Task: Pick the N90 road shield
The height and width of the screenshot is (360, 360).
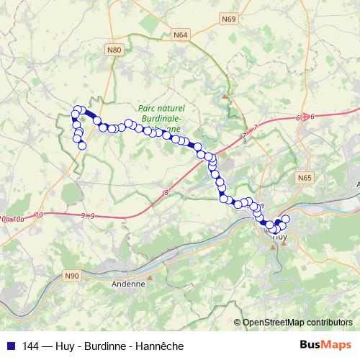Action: (x=72, y=276)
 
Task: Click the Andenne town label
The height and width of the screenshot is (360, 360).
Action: (x=128, y=284)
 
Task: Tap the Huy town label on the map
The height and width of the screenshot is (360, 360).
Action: (x=281, y=235)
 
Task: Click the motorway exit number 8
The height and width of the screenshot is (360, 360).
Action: (x=166, y=192)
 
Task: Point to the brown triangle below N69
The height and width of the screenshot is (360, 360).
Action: (x=225, y=95)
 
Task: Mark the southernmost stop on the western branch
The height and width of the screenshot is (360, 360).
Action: (x=82, y=145)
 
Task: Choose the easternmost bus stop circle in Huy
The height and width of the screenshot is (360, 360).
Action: (x=285, y=218)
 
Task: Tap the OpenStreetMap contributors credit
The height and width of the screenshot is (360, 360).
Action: (x=297, y=323)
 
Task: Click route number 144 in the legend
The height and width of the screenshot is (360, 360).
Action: (x=31, y=346)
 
